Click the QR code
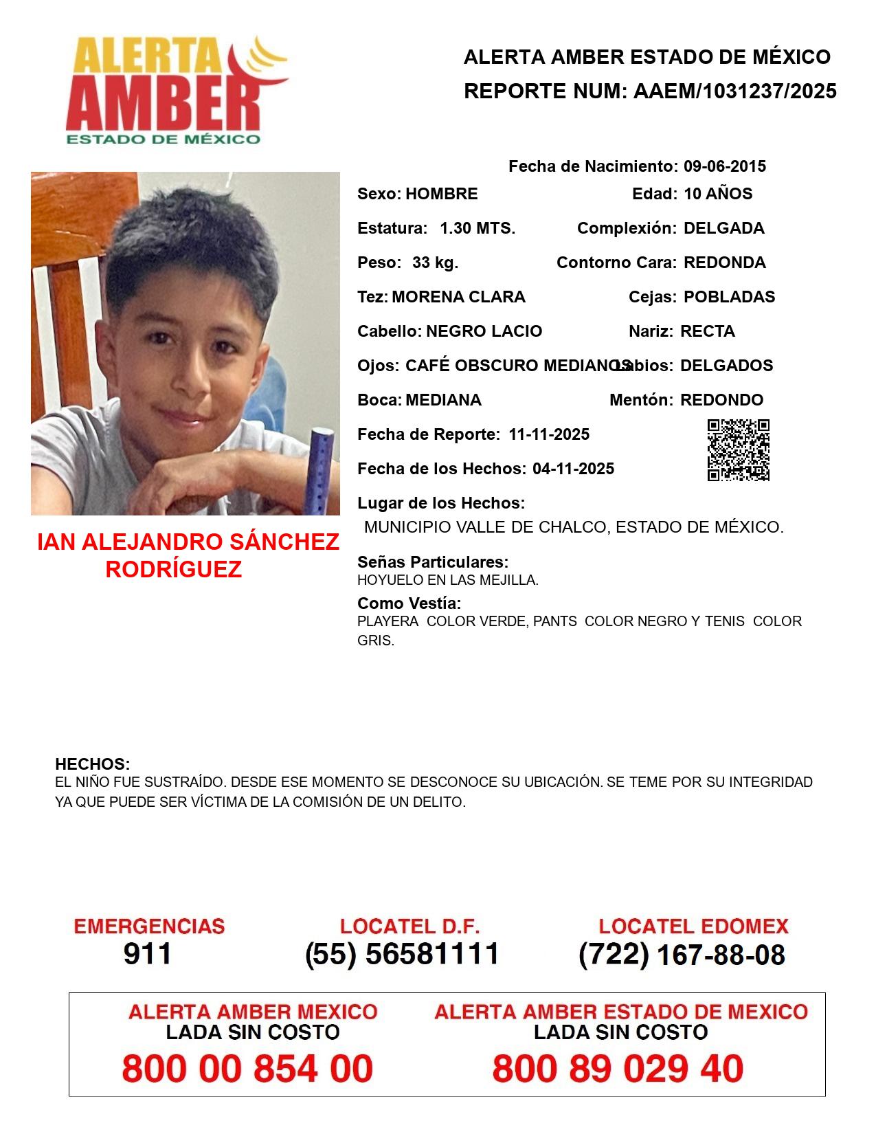click(738, 450)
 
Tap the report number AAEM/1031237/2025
click(734, 91)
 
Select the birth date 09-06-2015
click(724, 166)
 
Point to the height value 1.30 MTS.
click(477, 228)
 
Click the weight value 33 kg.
click(435, 263)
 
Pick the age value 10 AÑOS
click(718, 194)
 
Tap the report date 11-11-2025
click(549, 434)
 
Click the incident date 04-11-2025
click(573, 469)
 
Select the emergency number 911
click(148, 954)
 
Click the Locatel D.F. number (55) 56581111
click(402, 954)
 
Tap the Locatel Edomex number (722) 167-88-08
click(682, 955)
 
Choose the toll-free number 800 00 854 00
click(247, 1069)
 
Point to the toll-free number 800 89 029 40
click(618, 1069)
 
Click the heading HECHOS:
click(92, 764)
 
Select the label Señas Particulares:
click(433, 562)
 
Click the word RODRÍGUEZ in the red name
click(173, 569)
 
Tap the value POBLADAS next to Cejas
click(729, 297)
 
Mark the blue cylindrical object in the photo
click(321, 471)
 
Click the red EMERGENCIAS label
click(149, 926)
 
